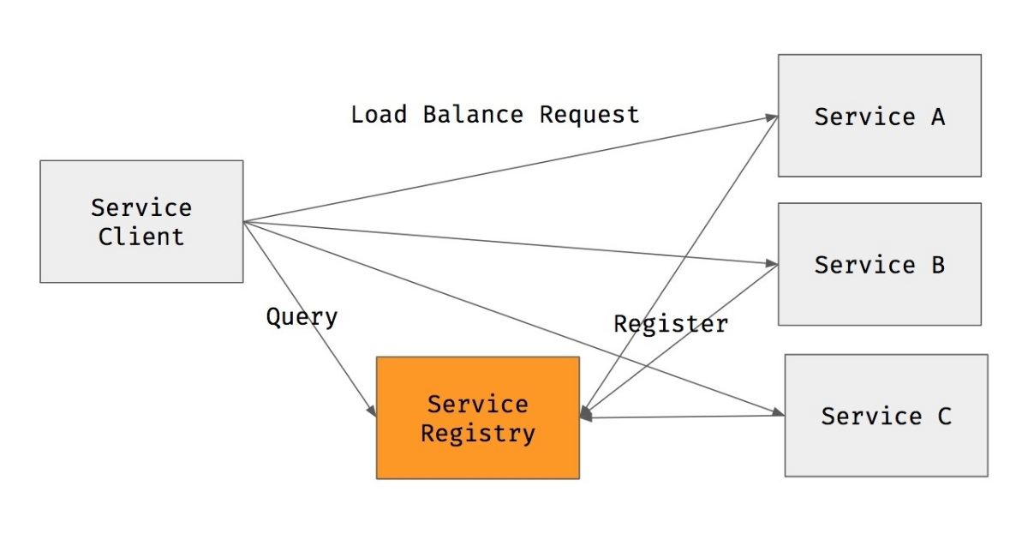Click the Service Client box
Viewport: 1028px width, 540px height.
click(x=141, y=221)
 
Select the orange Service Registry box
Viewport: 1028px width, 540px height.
click(x=477, y=417)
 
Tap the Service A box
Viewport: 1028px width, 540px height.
click(x=879, y=116)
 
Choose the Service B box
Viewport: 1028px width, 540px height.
click(x=879, y=264)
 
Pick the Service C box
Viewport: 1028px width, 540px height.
click(x=886, y=416)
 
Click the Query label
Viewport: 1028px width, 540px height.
click(x=302, y=317)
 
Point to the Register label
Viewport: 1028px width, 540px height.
click(x=671, y=323)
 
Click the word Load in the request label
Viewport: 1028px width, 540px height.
click(x=379, y=114)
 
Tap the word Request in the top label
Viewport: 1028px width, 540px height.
click(x=589, y=114)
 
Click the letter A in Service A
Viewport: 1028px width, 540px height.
click(x=937, y=117)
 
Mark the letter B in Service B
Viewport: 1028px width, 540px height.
click(x=937, y=265)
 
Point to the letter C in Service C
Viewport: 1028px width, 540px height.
click(x=943, y=417)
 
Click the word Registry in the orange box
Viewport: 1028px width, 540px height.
click(x=477, y=433)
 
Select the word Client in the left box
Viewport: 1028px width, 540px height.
click(x=141, y=237)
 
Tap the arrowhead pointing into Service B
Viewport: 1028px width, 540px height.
click(x=771, y=263)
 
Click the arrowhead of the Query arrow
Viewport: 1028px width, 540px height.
click(x=371, y=411)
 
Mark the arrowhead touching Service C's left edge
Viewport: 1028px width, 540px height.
click(x=778, y=415)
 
